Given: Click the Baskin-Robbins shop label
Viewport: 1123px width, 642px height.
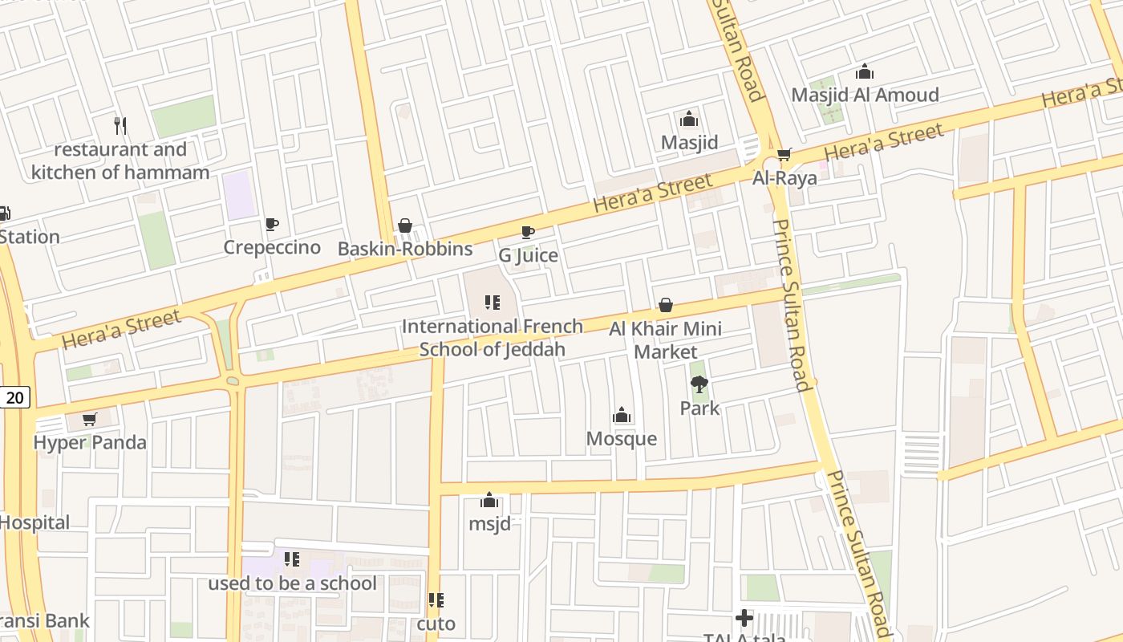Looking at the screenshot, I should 405,249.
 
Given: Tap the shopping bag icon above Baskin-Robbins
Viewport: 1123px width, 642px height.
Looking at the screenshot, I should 405,226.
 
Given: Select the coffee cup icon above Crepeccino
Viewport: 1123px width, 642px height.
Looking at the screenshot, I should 272,224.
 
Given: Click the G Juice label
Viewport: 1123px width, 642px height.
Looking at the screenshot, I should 528,256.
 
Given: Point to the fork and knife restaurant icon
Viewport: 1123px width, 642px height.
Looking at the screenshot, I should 120,125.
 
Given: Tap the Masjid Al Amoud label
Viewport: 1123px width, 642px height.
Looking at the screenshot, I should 865,95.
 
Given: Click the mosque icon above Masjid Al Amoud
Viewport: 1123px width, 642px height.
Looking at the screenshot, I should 865,71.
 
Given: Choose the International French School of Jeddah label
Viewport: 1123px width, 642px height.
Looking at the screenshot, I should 493,338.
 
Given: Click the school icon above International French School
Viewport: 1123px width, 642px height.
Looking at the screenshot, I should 493,303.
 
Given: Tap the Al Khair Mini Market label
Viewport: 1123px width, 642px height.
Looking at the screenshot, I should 665,340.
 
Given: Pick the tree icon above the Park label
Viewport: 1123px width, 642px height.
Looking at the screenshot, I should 699,384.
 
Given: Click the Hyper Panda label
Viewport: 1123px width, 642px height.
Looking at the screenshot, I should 90,442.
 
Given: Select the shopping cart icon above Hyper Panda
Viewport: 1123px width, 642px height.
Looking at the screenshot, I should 90,419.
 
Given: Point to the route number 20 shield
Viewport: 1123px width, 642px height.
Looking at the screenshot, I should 16,397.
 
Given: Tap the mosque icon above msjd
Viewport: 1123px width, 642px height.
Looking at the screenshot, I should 489,501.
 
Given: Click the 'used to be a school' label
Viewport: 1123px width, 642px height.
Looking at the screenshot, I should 292,583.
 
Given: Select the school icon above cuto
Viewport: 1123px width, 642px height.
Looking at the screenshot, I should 436,600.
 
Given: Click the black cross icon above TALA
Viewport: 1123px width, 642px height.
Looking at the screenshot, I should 744,618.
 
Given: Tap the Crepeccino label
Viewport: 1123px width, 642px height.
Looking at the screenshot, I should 272,247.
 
